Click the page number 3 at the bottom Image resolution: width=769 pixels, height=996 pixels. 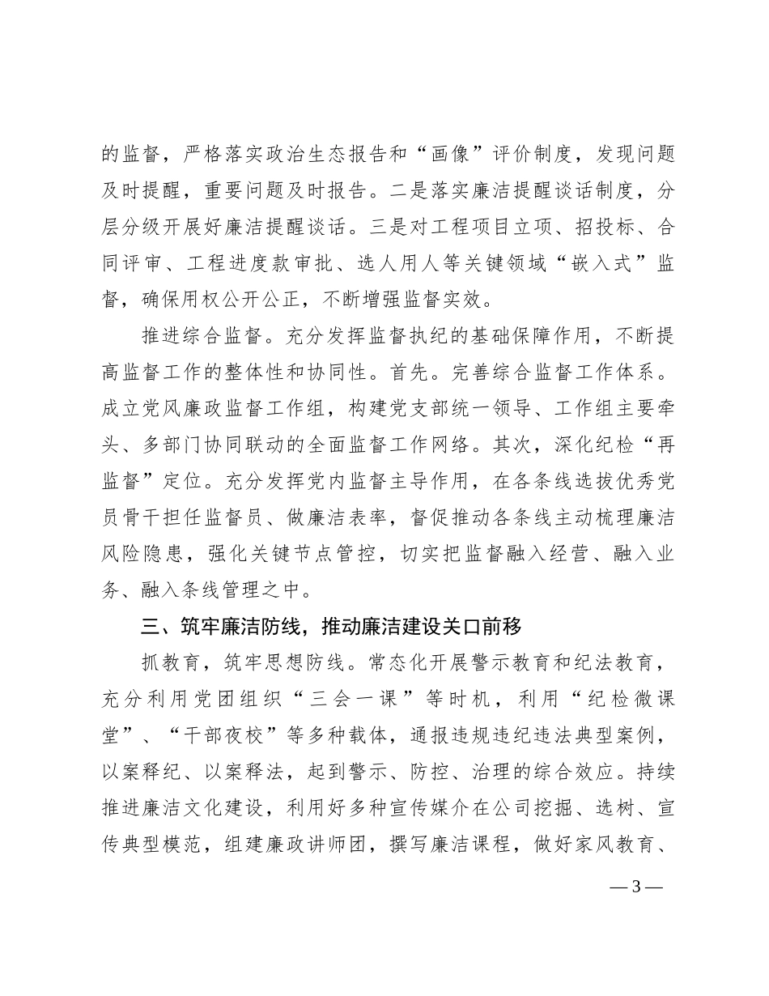[635, 886]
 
